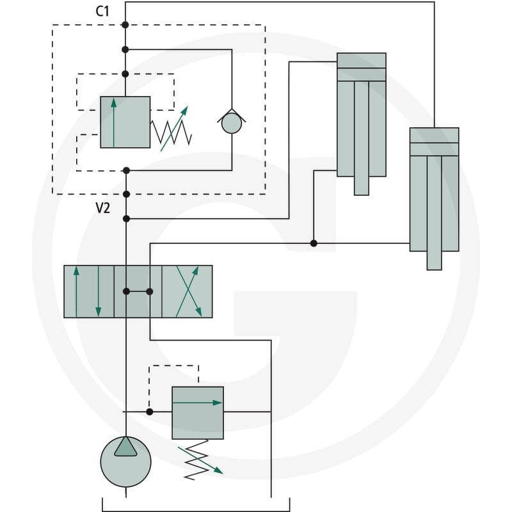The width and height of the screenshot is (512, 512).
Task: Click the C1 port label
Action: (x=102, y=11)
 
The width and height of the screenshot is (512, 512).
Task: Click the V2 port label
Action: (x=103, y=208)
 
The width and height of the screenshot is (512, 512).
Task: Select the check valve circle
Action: (x=232, y=124)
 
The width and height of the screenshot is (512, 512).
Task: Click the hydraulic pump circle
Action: (x=125, y=461)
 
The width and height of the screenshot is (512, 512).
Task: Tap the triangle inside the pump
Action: (x=125, y=447)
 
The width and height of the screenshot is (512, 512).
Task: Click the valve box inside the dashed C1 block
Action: (x=125, y=122)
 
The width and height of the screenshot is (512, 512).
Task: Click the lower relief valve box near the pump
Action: (x=198, y=413)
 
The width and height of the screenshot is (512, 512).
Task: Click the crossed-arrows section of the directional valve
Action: (x=187, y=292)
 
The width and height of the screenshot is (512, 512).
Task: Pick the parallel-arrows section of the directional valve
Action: (x=89, y=292)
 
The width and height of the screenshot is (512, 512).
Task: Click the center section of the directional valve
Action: (x=138, y=292)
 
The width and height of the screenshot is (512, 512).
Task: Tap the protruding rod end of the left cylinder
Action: (x=362, y=186)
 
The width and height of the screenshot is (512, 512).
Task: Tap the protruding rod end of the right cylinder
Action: (x=435, y=260)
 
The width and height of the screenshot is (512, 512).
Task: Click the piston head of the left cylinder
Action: (x=362, y=74)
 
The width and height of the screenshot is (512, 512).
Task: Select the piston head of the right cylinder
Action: (x=435, y=149)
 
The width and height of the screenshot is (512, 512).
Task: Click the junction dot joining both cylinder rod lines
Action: (x=314, y=243)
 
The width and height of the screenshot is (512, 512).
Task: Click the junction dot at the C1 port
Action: (x=125, y=25)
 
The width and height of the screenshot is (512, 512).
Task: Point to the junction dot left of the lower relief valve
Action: (x=150, y=412)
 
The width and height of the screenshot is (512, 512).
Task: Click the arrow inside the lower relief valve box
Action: (x=197, y=403)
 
